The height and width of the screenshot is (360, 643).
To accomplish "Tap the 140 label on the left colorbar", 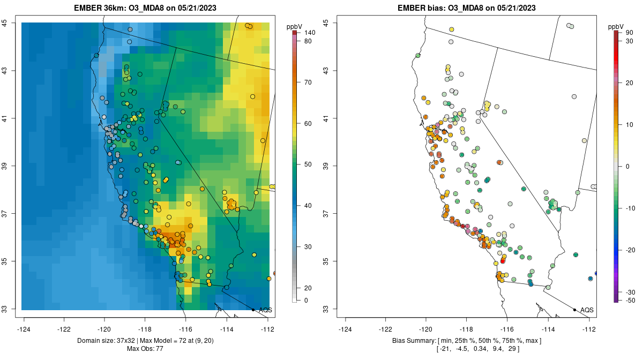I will (309, 33).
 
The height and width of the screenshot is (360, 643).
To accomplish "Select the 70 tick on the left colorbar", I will (308, 82).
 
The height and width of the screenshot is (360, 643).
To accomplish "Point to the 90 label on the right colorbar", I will (629, 33).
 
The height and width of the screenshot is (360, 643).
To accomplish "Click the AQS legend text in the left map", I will (266, 310).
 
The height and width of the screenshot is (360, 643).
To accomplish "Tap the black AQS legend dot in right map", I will (574, 310).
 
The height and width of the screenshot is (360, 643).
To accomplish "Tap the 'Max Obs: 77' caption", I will (145, 349).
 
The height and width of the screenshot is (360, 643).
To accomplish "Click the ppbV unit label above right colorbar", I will (617, 26).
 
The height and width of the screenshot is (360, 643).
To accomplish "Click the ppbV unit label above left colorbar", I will (295, 26).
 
